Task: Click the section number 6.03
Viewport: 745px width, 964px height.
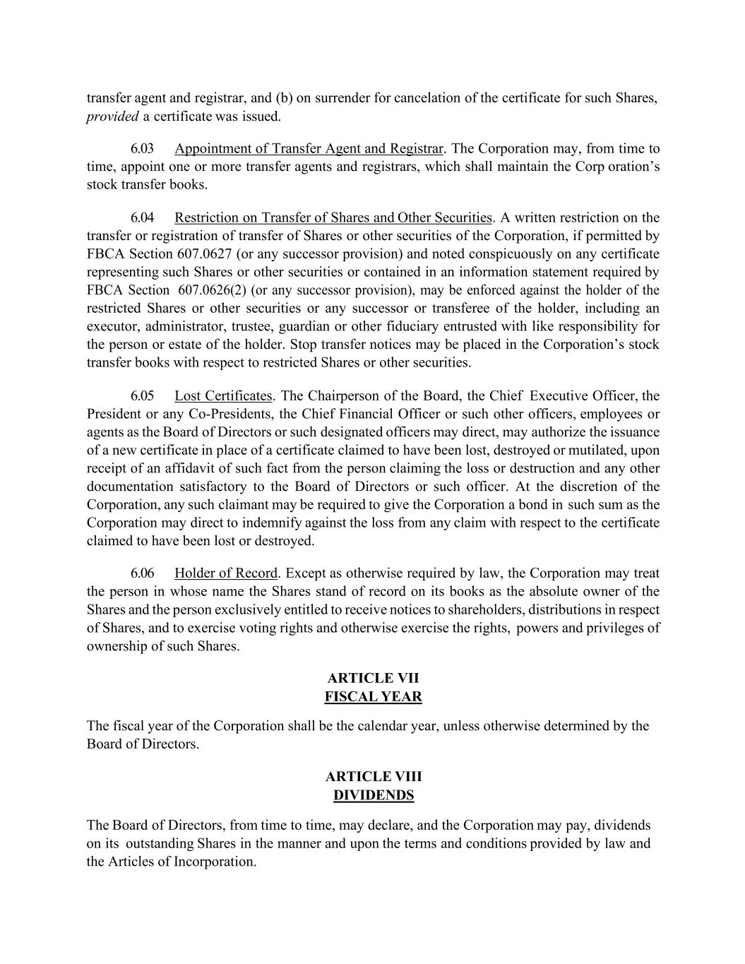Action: coord(142,149)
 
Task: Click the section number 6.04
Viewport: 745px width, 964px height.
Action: coord(142,218)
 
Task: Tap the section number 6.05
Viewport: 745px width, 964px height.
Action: coord(142,395)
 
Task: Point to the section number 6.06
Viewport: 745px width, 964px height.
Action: coord(142,573)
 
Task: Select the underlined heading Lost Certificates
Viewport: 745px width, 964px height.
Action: coord(223,395)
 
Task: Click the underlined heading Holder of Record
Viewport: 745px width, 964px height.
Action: coord(226,573)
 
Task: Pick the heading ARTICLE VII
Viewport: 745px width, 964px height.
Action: coord(373,679)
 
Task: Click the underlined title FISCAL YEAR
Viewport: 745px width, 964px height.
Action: coord(373,697)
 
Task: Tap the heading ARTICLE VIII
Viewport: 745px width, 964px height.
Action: coord(373,777)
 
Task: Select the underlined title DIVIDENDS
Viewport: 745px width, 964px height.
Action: coord(373,795)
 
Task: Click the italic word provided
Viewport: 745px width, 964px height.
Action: coord(112,117)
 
